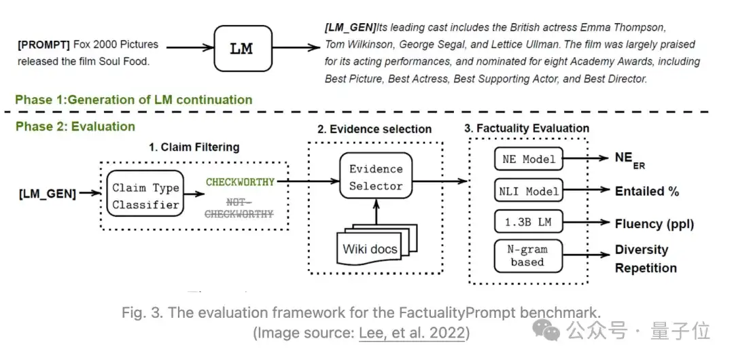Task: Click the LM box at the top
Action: [243, 49]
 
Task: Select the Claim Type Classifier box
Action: [146, 196]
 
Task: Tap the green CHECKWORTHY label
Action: [240, 182]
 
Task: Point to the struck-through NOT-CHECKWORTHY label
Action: [240, 209]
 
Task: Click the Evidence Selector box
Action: [376, 177]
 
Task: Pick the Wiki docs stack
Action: [372, 247]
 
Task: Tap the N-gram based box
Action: [528, 256]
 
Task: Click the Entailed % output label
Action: [646, 192]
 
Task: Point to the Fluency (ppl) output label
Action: [654, 223]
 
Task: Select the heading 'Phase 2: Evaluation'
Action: [75, 126]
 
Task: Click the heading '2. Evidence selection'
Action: [374, 129]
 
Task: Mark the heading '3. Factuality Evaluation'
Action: [527, 128]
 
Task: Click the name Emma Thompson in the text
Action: [622, 28]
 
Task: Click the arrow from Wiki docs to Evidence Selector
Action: [377, 215]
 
